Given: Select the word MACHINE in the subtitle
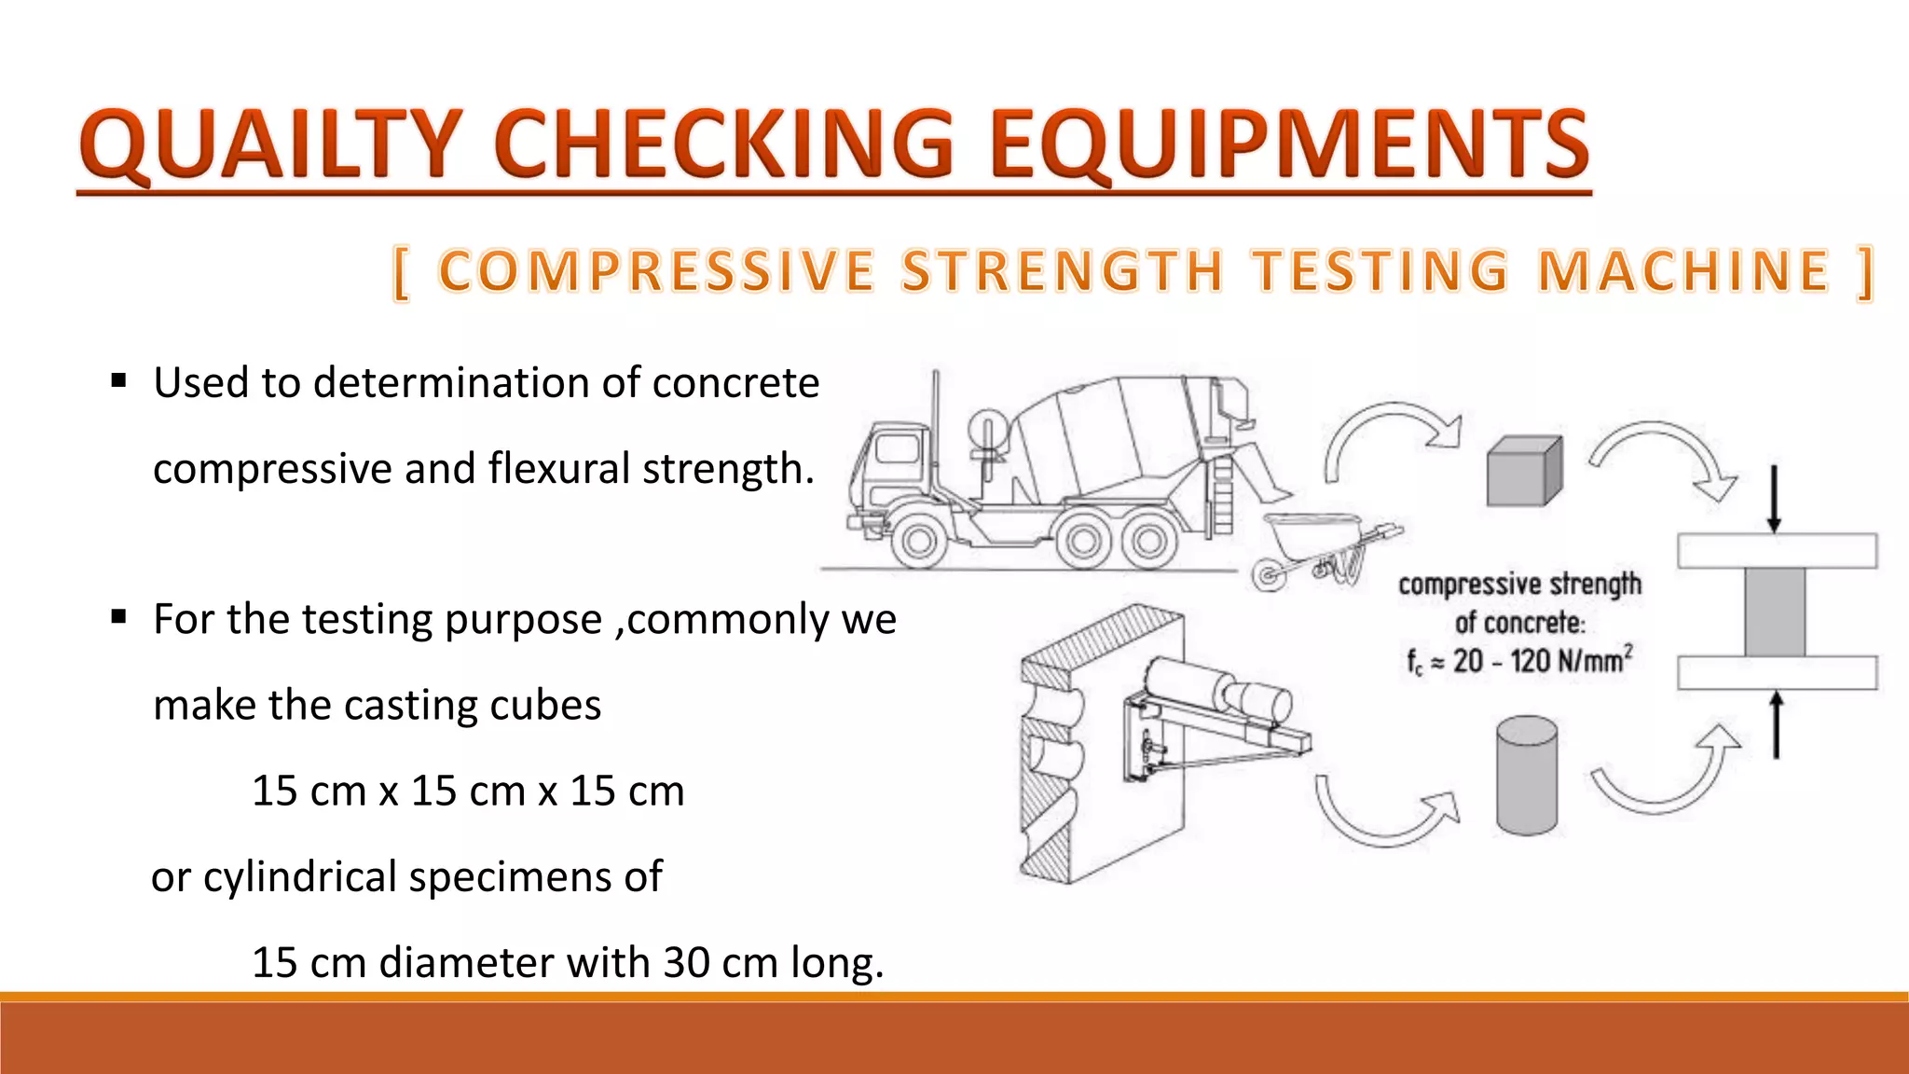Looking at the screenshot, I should pyautogui.click(x=1683, y=271).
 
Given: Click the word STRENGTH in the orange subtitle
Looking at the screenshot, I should pyautogui.click(x=1062, y=271).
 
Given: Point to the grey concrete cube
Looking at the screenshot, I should pyautogui.click(x=1523, y=473).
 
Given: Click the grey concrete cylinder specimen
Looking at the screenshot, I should pyautogui.click(x=1527, y=775).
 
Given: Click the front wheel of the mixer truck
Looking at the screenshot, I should pyautogui.click(x=919, y=541).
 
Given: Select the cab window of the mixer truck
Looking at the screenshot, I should pyautogui.click(x=897, y=448).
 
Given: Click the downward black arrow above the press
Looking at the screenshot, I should pyautogui.click(x=1774, y=499).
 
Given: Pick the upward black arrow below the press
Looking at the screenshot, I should pyautogui.click(x=1776, y=724).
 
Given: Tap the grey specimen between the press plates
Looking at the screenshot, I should pyautogui.click(x=1775, y=613).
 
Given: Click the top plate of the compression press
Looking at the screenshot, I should pyautogui.click(x=1777, y=551).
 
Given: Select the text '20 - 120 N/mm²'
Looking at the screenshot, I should pyautogui.click(x=1542, y=662).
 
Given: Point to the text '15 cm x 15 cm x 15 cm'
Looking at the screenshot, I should pyautogui.click(x=468, y=792).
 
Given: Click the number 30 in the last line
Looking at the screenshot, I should pyautogui.click(x=687, y=963).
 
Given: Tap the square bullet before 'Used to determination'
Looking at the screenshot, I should pyautogui.click(x=118, y=381).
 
